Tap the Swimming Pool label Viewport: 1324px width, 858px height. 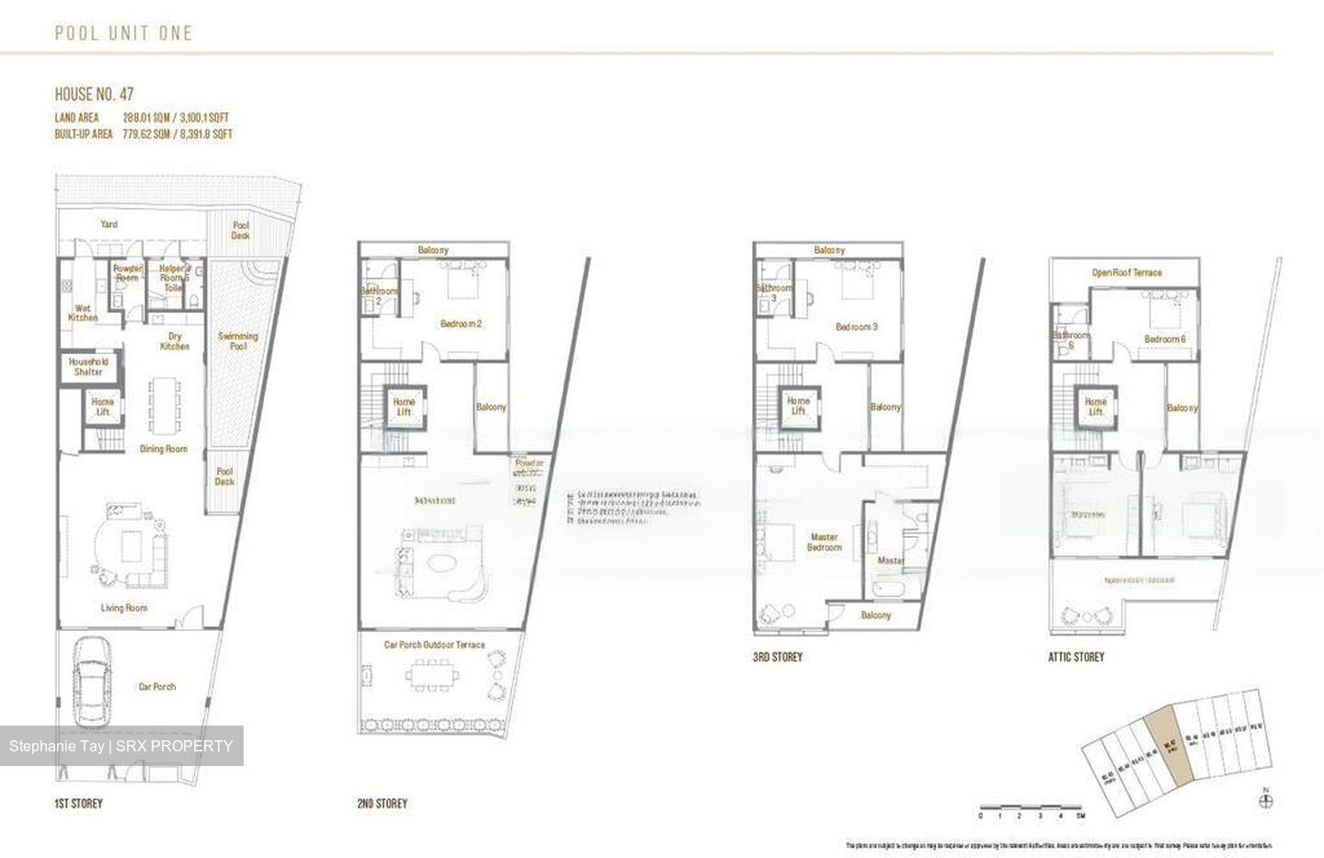point(237,341)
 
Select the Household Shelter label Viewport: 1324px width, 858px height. point(88,366)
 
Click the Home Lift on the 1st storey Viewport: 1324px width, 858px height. point(102,406)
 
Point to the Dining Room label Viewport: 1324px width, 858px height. point(164,449)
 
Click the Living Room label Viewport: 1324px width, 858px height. point(124,607)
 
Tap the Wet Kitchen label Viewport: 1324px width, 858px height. point(83,313)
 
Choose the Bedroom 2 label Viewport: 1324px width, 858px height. point(461,324)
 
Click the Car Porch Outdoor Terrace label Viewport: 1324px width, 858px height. point(434,645)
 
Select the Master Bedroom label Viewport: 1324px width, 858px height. point(824,542)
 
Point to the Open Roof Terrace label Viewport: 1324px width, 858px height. point(1126,272)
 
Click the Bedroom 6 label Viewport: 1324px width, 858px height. point(1165,338)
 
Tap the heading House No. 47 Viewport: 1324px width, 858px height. point(95,94)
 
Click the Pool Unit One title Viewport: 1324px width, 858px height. point(123,33)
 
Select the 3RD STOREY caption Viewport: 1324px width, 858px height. point(777,657)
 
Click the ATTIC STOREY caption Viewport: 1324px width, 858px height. point(1076,657)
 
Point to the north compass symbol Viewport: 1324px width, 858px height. point(1267,800)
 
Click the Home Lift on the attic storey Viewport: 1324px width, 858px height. point(1095,406)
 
